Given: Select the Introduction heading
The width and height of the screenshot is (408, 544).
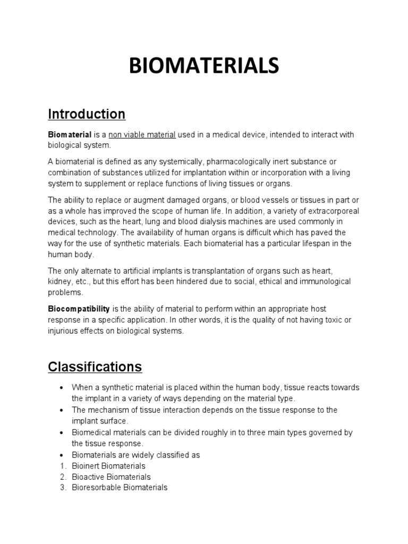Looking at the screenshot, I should [x=87, y=114].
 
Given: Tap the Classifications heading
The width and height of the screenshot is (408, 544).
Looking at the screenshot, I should [x=95, y=367].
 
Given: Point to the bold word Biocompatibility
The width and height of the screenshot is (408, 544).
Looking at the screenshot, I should [x=79, y=308].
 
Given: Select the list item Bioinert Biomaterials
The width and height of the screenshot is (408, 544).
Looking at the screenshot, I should [x=108, y=466].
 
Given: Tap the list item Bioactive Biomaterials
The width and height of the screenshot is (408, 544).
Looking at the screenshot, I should [x=111, y=477].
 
